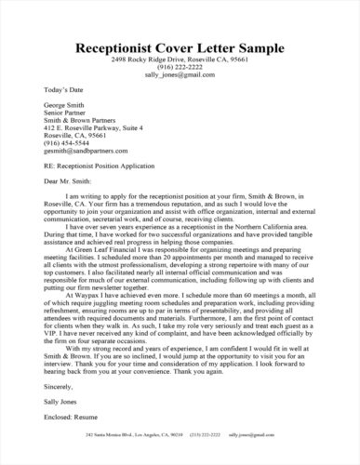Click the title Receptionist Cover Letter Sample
point(180,46)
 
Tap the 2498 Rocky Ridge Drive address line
point(180,60)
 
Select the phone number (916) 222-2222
point(180,68)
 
